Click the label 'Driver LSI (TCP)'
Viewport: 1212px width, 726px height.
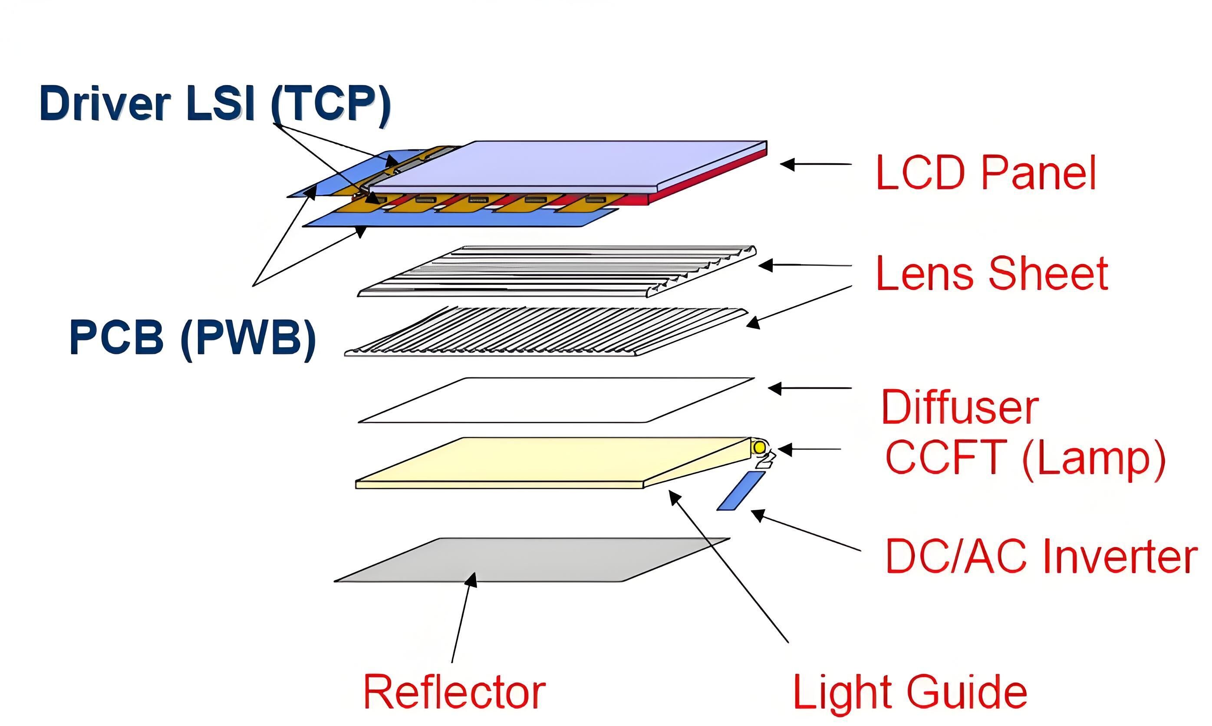(x=215, y=104)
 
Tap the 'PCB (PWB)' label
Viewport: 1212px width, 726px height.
(x=193, y=338)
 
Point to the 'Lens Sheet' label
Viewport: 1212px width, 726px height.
(x=992, y=274)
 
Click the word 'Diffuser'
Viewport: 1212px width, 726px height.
(x=960, y=407)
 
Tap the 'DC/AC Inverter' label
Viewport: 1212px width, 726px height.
(x=1041, y=556)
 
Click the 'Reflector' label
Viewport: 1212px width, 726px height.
(x=454, y=692)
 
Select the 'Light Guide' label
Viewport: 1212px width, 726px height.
(x=910, y=692)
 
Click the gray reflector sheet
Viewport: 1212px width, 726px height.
(x=533, y=560)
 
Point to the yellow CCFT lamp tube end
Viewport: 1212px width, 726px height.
(x=760, y=447)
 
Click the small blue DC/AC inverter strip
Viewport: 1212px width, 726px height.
(x=741, y=491)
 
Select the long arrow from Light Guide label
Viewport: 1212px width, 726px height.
(x=729, y=568)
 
